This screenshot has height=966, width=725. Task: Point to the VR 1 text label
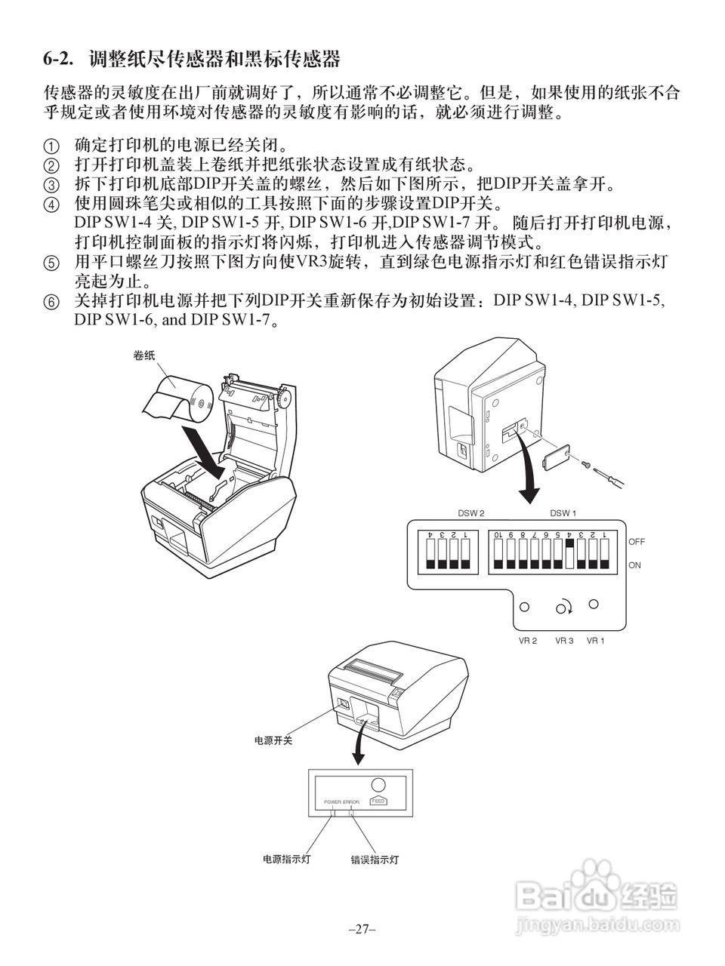[596, 641]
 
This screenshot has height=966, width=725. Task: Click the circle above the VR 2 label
[523, 606]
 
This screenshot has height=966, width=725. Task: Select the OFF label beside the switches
[637, 542]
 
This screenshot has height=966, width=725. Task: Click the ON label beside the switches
[634, 565]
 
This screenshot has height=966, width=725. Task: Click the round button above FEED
[379, 784]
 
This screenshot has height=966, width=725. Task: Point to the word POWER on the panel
[333, 801]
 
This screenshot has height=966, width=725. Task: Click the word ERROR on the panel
[352, 801]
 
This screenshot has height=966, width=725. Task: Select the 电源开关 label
[273, 741]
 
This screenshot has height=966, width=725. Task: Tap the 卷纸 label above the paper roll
[144, 356]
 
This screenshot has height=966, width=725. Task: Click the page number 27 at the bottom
[362, 929]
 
